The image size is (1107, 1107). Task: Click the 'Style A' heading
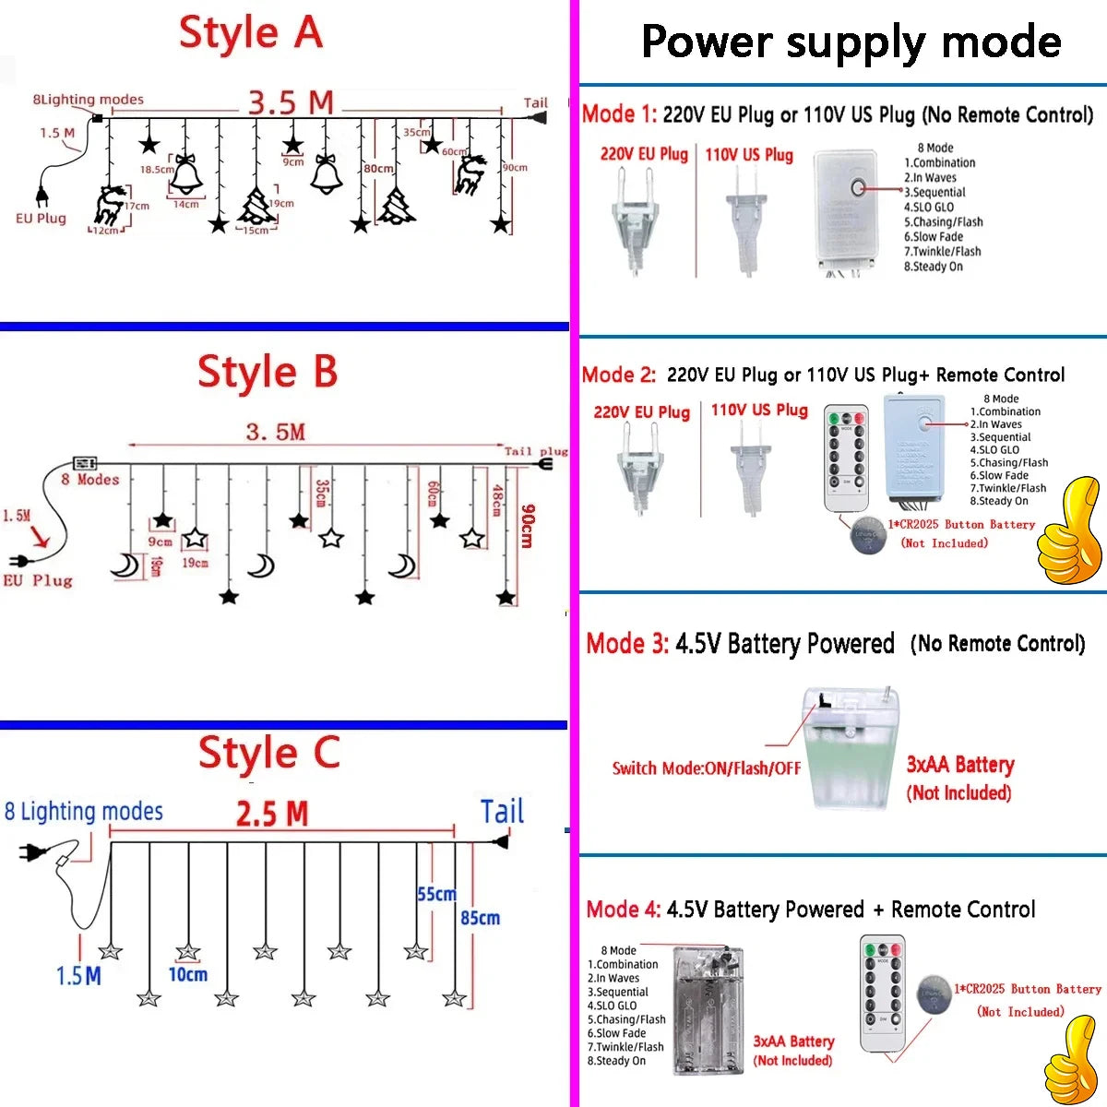pos(251,33)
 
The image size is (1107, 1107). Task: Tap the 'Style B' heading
pos(268,373)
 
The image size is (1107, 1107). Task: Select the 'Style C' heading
pos(269,754)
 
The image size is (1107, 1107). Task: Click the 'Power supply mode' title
pos(851,42)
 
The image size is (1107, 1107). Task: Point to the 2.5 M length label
pos(272,815)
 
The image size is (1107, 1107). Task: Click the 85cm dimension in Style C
pos(481,918)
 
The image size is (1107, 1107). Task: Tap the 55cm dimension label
pos(436,894)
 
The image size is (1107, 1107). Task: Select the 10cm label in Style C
pos(187,974)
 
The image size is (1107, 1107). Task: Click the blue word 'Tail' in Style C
pos(502,812)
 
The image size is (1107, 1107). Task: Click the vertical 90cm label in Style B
pos(527,526)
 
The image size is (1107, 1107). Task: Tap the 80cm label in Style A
pos(378,169)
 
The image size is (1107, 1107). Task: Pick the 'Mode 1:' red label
pos(619,114)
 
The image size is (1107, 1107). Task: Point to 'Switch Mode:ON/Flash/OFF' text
pos(707,768)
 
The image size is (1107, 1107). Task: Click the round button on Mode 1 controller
pos(858,188)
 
